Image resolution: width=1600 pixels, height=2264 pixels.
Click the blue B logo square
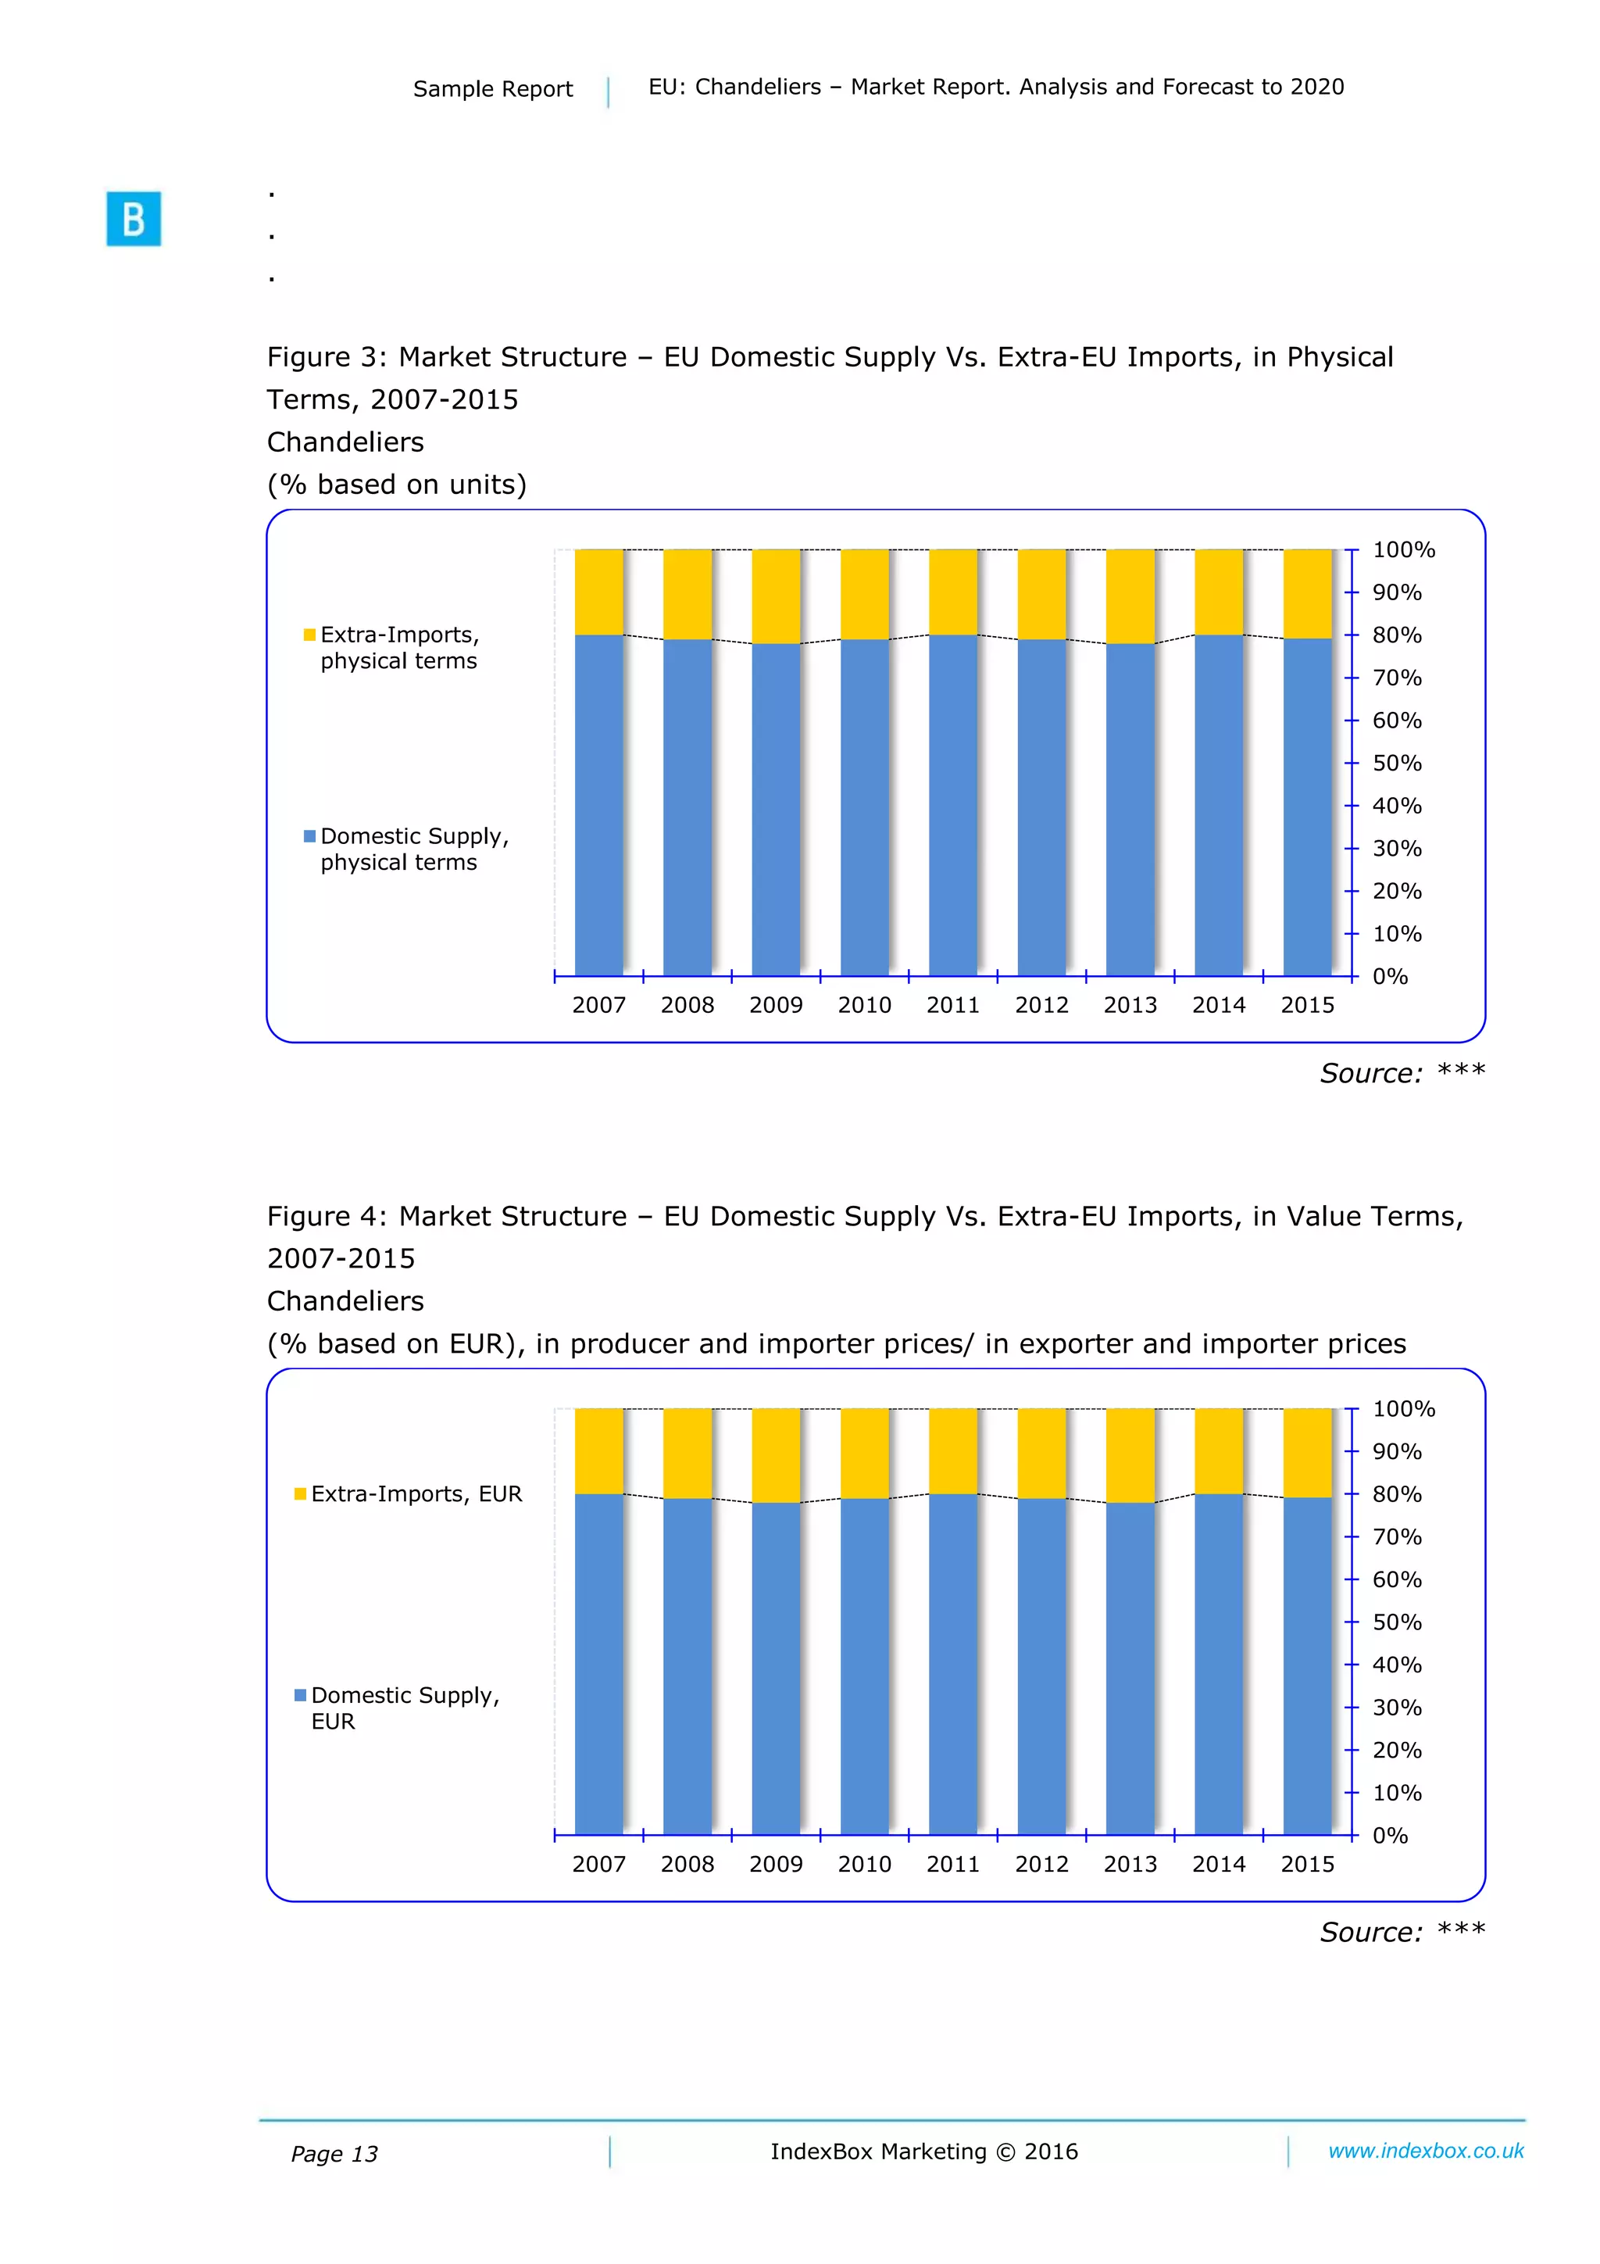[133, 218]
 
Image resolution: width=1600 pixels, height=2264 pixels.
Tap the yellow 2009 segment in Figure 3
[775, 596]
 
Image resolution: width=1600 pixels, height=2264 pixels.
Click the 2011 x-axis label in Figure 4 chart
[952, 1864]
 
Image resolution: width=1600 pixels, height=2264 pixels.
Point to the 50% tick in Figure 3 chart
[1397, 764]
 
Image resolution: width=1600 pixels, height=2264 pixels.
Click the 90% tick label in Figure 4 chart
[1397, 1451]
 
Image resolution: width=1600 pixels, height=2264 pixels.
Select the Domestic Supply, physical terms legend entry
[406, 849]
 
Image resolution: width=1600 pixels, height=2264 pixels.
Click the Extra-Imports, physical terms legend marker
[309, 635]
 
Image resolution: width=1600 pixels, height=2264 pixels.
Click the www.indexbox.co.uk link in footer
[1426, 2151]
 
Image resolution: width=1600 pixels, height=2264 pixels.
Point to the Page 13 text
[334, 2154]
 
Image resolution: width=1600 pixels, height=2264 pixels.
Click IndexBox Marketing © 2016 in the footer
[923, 2151]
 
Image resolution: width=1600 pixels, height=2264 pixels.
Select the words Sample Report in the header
[492, 89]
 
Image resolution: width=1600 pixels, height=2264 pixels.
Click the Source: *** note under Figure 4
[1402, 1932]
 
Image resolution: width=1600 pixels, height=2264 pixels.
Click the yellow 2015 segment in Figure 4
[1306, 1453]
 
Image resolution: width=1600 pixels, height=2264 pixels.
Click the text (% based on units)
[396, 485]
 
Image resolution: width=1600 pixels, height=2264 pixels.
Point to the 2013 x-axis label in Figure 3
[1130, 1005]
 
